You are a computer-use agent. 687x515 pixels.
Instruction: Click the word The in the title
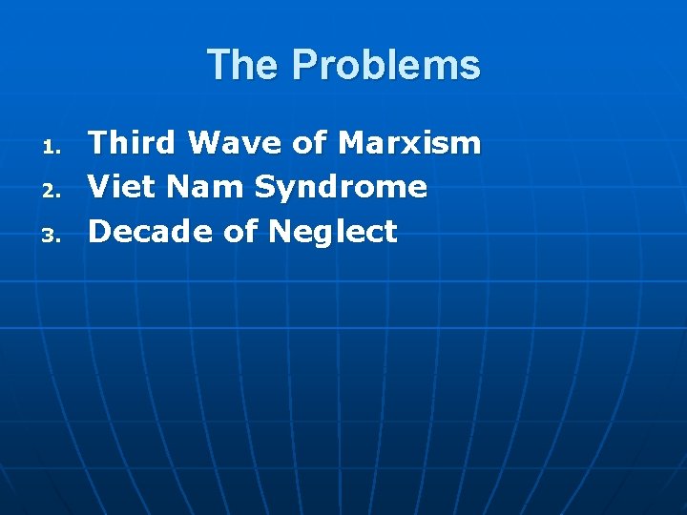tap(244, 65)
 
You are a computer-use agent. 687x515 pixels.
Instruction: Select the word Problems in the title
tap(386, 65)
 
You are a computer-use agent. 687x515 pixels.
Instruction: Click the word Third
tap(133, 143)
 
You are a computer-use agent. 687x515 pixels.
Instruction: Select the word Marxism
tap(409, 143)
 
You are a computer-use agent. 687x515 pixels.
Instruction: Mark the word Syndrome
tap(341, 188)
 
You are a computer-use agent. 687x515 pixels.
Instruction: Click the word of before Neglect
tap(241, 231)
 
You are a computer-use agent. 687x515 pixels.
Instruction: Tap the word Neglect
tap(333, 232)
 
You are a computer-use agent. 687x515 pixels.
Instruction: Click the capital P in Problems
tap(305, 65)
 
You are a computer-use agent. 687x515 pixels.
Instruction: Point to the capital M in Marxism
tap(353, 143)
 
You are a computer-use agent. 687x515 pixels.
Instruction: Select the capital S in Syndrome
tap(264, 187)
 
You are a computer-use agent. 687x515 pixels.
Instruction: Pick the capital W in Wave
tap(204, 143)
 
